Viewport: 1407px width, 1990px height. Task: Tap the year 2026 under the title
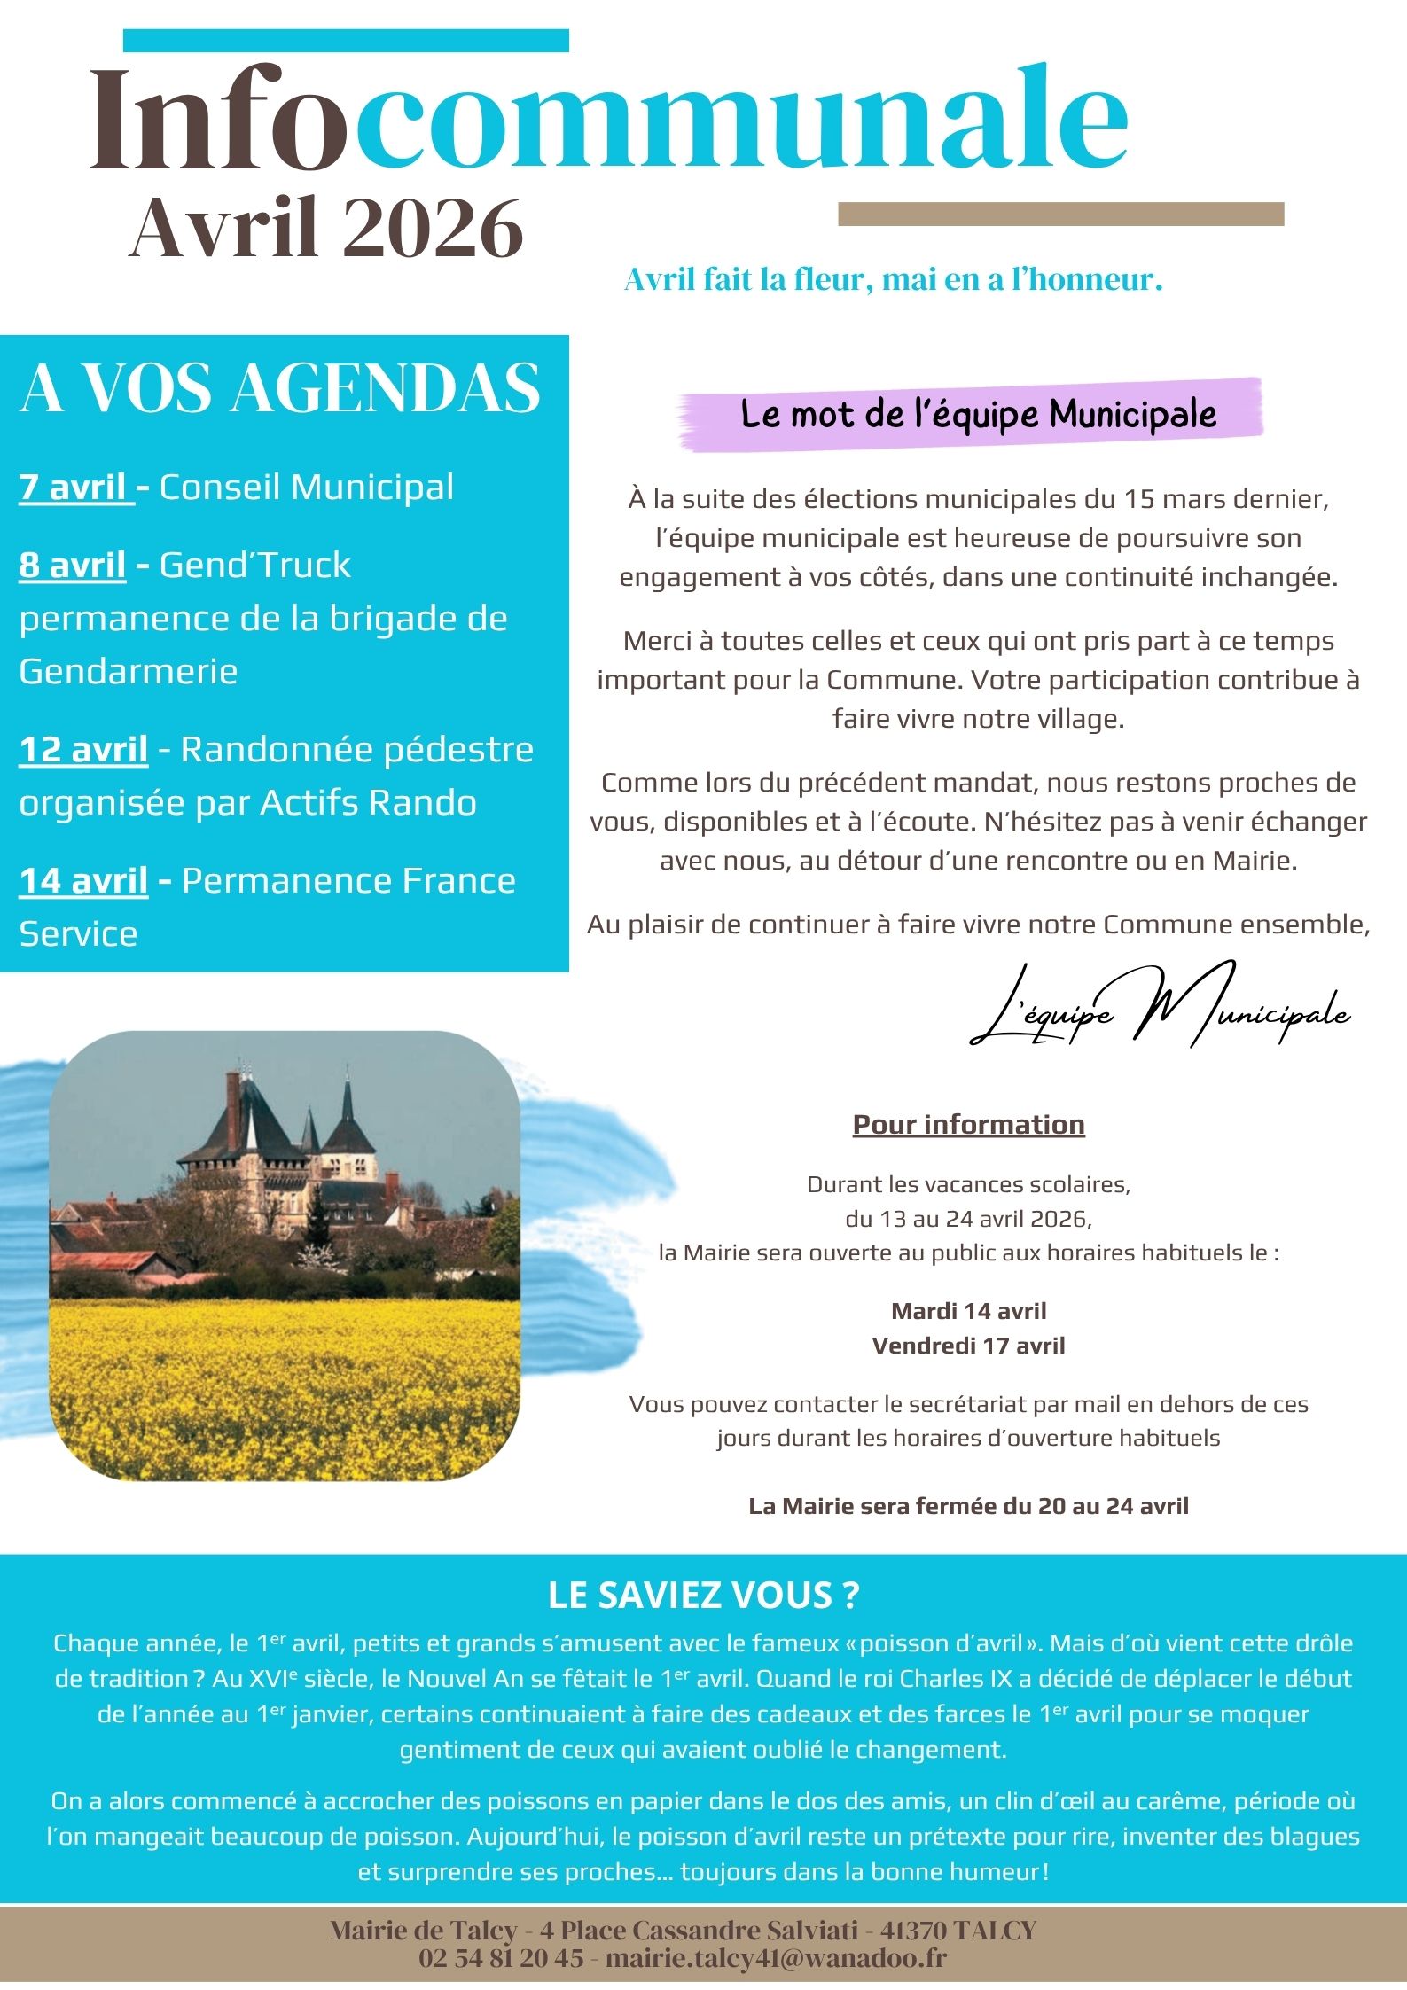[x=433, y=229]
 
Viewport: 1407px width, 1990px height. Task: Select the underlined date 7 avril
[x=74, y=488]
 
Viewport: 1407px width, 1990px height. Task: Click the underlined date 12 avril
[x=83, y=750]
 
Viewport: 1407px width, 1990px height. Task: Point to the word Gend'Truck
[x=254, y=566]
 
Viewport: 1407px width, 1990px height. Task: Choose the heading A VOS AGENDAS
[x=280, y=388]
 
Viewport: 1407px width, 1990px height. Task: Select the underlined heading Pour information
[x=968, y=1125]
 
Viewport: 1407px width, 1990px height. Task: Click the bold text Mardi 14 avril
[x=968, y=1311]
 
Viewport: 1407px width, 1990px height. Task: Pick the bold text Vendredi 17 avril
[x=968, y=1346]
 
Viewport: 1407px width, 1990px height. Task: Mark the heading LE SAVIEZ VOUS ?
[x=704, y=1595]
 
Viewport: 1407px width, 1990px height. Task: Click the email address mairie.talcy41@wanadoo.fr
[x=776, y=1957]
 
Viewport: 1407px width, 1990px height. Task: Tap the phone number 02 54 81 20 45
[x=501, y=1957]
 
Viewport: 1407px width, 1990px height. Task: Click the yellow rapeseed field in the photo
[x=284, y=1383]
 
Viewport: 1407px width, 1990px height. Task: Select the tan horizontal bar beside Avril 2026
[x=1060, y=214]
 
